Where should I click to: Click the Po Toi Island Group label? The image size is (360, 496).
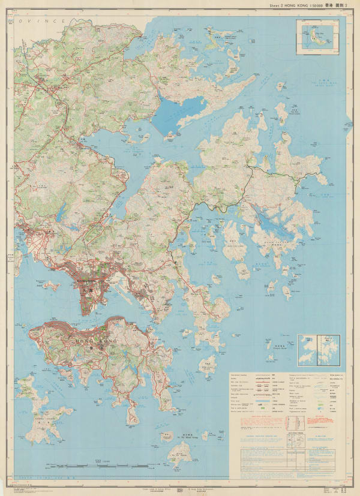(x=188, y=436)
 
